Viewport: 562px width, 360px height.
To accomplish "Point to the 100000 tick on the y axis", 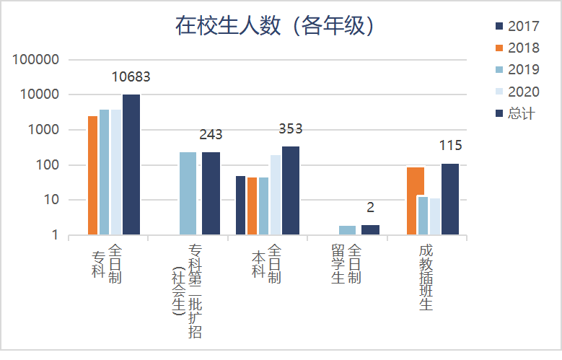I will click(x=35, y=60).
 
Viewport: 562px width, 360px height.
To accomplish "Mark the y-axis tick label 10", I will click(x=50, y=200).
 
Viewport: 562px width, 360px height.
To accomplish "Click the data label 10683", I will click(x=131, y=77).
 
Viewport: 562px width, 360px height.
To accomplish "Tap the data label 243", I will click(x=211, y=135).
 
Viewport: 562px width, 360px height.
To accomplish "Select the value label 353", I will click(x=290, y=129).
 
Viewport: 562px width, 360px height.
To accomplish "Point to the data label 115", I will click(x=450, y=146).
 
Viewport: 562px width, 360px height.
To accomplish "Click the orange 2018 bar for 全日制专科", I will click(x=93, y=175).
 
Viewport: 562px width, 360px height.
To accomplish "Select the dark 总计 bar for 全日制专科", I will click(x=131, y=164).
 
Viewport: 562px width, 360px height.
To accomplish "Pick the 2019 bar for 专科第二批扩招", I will click(x=188, y=193).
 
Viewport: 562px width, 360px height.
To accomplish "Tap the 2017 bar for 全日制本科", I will click(x=241, y=206).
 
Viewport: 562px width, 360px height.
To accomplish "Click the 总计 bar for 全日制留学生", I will click(x=370, y=230).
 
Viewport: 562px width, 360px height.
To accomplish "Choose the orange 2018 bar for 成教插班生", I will click(x=416, y=201).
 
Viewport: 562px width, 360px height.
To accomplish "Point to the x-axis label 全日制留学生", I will click(x=346, y=264).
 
